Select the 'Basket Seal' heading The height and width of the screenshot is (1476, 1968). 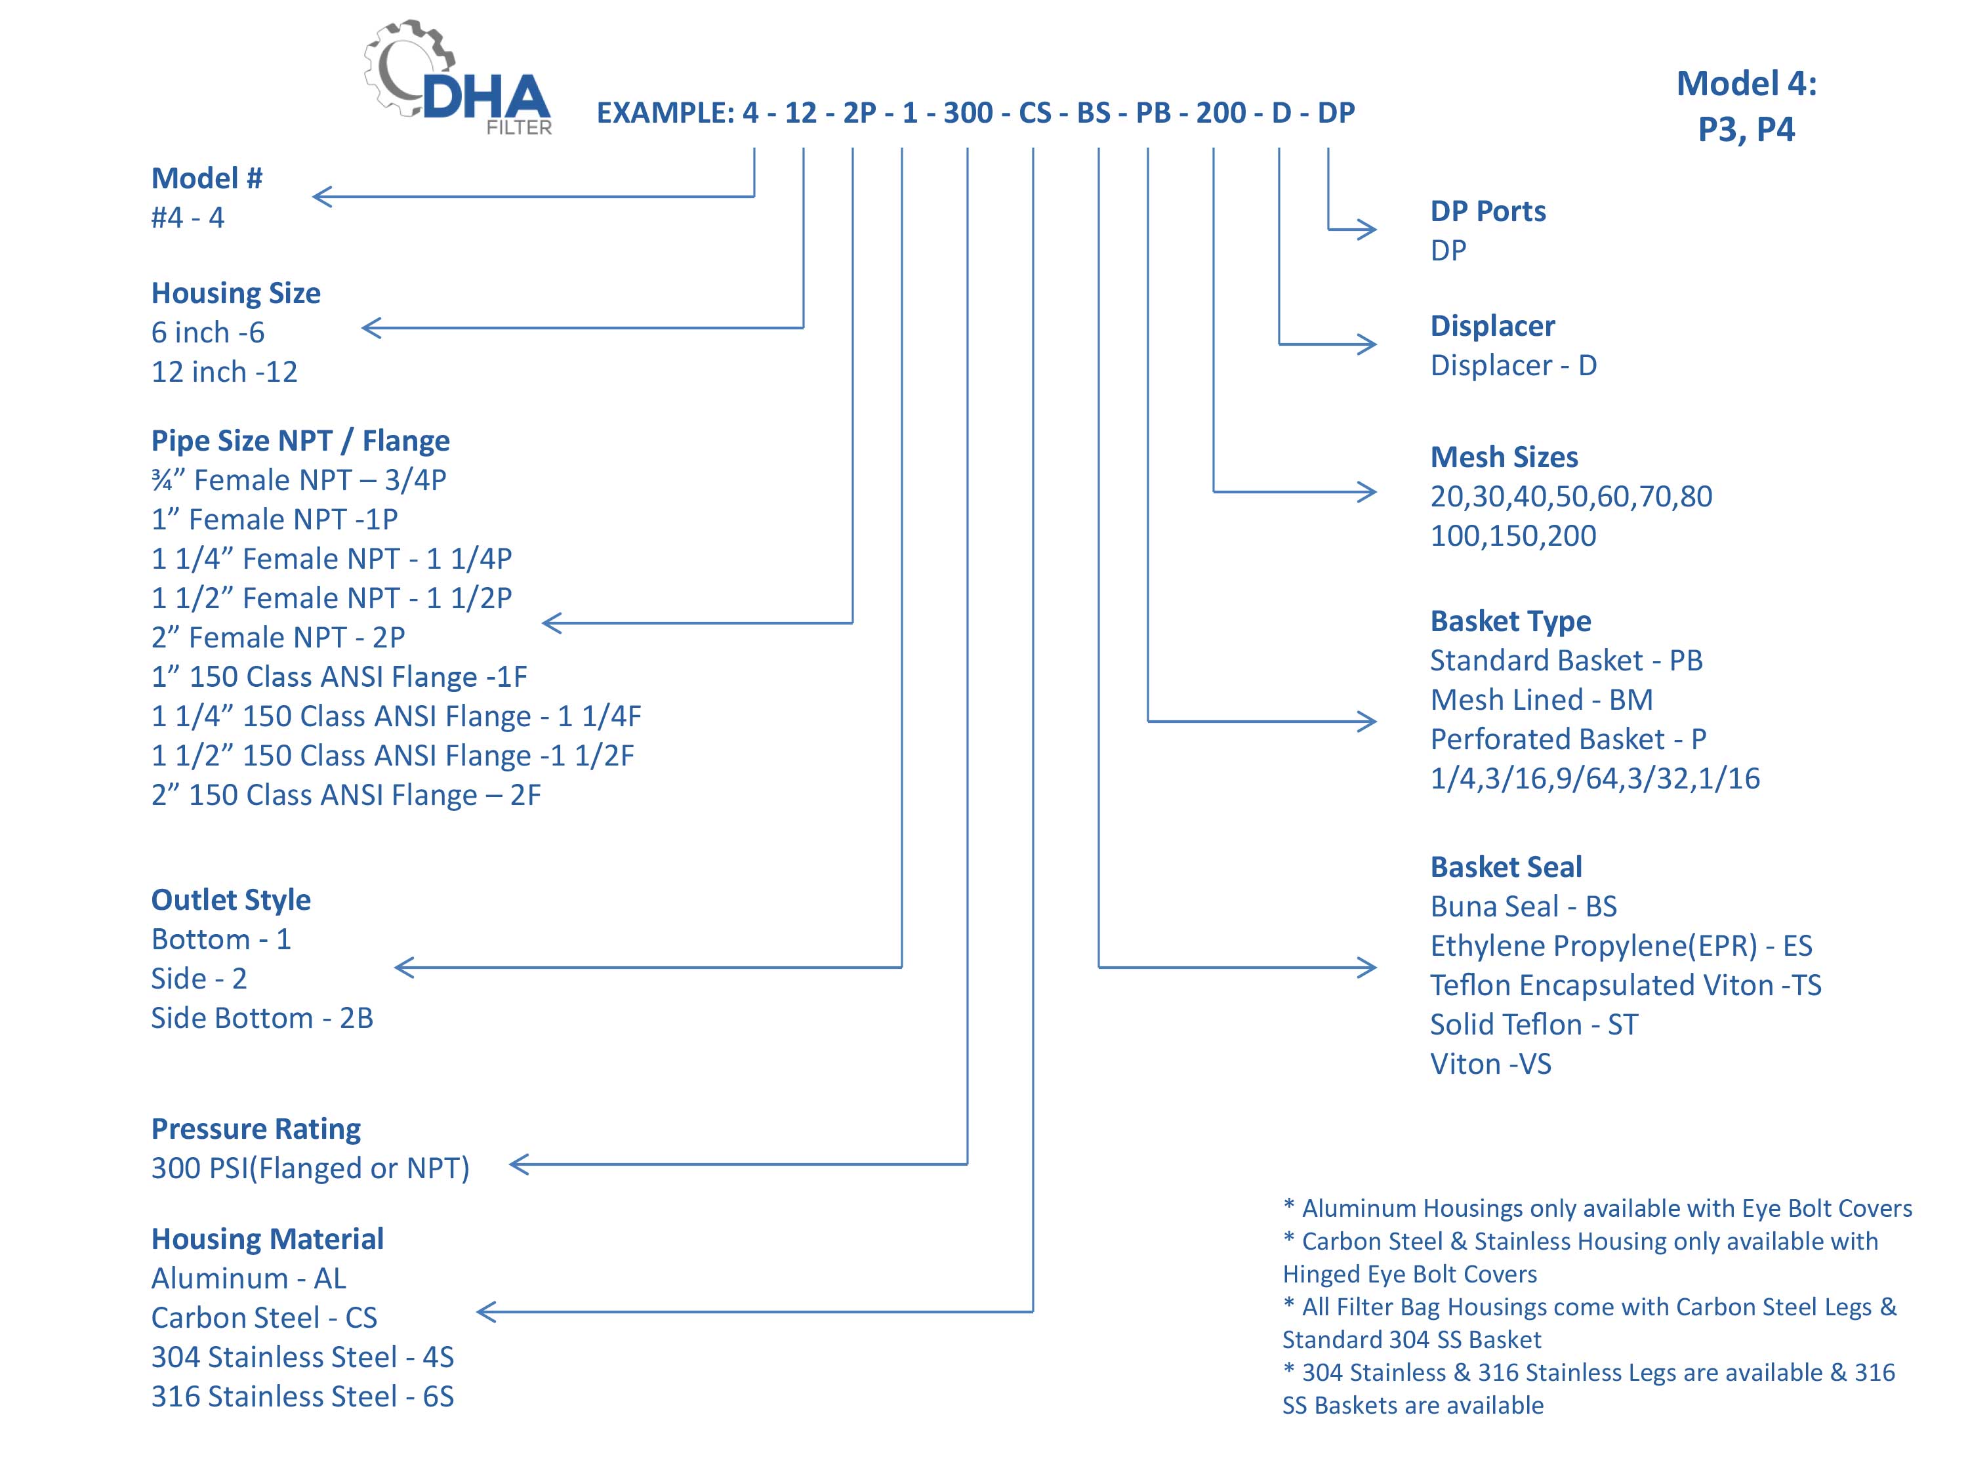pyautogui.click(x=1506, y=867)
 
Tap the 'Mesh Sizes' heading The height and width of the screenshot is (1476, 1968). pyautogui.click(x=1504, y=457)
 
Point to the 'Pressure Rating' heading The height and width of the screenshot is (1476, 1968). pyautogui.click(x=256, y=1128)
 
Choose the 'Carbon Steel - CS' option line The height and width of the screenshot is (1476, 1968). pyautogui.click(x=264, y=1318)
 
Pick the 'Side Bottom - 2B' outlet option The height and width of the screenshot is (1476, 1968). pyautogui.click(x=262, y=1018)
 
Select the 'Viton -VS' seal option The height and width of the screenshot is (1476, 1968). pyautogui.click(x=1491, y=1064)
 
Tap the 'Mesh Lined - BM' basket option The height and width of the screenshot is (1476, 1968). pyautogui.click(x=1542, y=699)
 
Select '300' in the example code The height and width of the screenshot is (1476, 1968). pyautogui.click(x=968, y=113)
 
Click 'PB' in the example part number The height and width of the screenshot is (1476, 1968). pyautogui.click(x=1154, y=113)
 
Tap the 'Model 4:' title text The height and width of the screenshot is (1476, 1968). pyautogui.click(x=1746, y=83)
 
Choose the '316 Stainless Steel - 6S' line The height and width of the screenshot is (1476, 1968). pyautogui.click(x=302, y=1397)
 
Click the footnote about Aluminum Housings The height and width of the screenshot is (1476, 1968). pyautogui.click(x=1597, y=1208)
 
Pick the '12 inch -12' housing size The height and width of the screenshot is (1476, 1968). pyautogui.click(x=224, y=371)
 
